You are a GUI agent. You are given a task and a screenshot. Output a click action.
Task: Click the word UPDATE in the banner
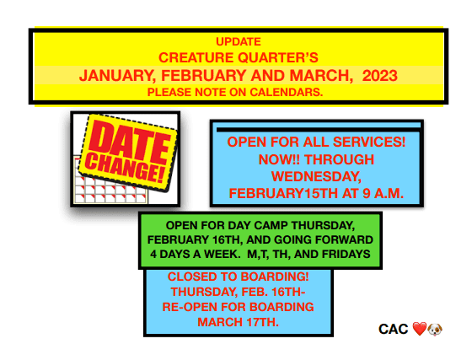(239, 42)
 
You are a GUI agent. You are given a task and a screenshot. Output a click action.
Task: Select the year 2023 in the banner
(379, 76)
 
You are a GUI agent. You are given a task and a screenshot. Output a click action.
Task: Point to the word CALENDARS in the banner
(287, 92)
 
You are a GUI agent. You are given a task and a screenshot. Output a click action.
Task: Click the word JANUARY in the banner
(118, 76)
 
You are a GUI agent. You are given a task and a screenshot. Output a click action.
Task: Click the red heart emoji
(420, 329)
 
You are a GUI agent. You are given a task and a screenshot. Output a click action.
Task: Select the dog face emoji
(435, 330)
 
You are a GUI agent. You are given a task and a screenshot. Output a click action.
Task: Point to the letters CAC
(393, 330)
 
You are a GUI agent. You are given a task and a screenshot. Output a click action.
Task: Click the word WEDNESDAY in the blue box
(316, 177)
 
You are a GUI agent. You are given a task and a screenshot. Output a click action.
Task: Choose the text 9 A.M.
(383, 193)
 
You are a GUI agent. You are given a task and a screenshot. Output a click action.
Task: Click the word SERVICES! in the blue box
(369, 142)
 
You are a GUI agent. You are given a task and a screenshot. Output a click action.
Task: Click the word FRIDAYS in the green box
(346, 255)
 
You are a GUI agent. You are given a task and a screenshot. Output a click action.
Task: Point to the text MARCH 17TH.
(238, 322)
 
